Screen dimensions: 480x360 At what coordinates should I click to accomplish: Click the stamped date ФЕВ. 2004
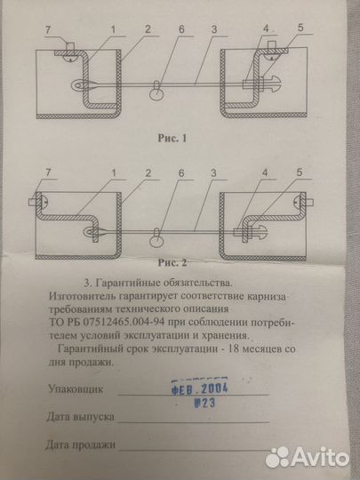[x=200, y=388]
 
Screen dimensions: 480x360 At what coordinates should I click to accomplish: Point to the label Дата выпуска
[x=79, y=417]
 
